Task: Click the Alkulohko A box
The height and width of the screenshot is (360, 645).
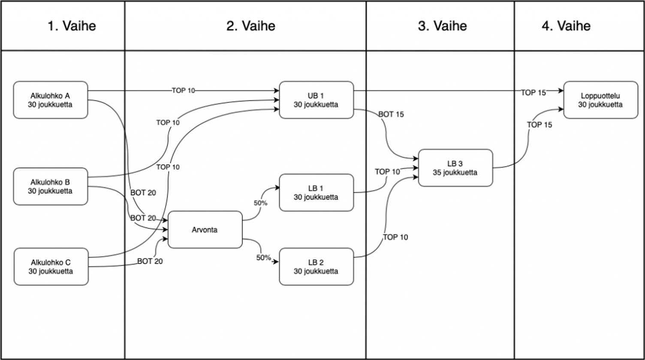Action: (51, 100)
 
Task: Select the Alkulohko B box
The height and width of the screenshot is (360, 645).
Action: (51, 186)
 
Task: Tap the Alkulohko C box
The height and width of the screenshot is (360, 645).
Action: (51, 267)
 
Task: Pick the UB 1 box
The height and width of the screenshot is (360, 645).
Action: (316, 100)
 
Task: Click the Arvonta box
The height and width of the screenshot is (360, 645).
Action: (205, 230)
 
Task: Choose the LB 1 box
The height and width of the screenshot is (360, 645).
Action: (316, 192)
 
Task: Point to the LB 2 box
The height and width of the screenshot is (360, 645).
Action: (316, 267)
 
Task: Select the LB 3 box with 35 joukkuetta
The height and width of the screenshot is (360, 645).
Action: (455, 168)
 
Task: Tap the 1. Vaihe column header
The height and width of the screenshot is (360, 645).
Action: (72, 26)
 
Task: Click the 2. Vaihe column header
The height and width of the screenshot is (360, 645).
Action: (251, 26)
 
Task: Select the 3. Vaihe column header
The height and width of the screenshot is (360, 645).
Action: (442, 26)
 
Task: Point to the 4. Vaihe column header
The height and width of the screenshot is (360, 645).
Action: (566, 26)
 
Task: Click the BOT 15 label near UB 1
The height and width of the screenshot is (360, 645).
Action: (391, 115)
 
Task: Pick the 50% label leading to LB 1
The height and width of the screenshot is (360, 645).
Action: (260, 203)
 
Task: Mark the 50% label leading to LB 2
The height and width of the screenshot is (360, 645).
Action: (263, 258)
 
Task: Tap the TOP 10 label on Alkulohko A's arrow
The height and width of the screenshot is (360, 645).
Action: (183, 91)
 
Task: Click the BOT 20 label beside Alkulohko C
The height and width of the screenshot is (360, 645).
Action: (150, 261)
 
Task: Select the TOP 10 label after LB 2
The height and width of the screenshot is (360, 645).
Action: (395, 237)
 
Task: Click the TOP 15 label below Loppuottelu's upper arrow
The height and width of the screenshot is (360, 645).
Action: (540, 125)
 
